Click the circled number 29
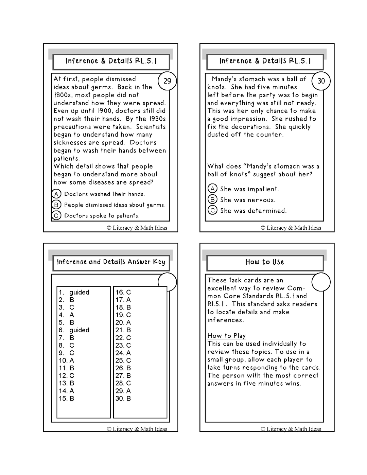(x=167, y=81)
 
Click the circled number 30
(x=321, y=81)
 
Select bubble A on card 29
(x=56, y=194)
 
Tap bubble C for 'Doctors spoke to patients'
(x=56, y=215)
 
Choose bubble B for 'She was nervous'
(x=212, y=199)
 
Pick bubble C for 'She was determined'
(x=212, y=210)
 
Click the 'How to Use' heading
(x=265, y=262)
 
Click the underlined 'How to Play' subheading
(x=227, y=336)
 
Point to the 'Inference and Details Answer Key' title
(x=111, y=262)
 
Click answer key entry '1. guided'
(x=74, y=292)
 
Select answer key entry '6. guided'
(x=74, y=330)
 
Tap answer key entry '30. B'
(x=123, y=398)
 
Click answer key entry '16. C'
(x=123, y=292)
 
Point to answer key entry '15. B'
(x=67, y=398)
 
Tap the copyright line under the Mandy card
(x=291, y=228)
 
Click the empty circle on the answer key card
(x=167, y=282)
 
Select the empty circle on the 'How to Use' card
(x=321, y=282)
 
